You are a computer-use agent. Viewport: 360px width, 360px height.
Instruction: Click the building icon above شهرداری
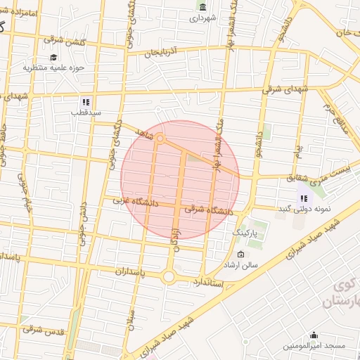(x=203, y=7)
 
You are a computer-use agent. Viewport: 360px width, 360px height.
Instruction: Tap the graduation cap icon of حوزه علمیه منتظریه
(x=53, y=58)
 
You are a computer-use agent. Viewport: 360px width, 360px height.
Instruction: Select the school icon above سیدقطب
(x=86, y=101)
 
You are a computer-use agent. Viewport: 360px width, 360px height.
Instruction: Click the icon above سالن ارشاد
(x=242, y=255)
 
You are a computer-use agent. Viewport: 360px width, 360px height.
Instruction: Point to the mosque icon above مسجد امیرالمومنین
(x=314, y=335)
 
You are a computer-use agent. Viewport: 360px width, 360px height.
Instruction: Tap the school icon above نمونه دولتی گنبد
(x=304, y=199)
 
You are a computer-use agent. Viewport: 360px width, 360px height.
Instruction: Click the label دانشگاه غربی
(x=136, y=202)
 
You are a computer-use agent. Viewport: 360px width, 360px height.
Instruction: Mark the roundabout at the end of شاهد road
(x=160, y=139)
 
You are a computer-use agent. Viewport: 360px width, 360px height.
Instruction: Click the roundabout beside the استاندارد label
(x=169, y=277)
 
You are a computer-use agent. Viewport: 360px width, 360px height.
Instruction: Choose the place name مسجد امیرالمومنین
(x=314, y=347)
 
